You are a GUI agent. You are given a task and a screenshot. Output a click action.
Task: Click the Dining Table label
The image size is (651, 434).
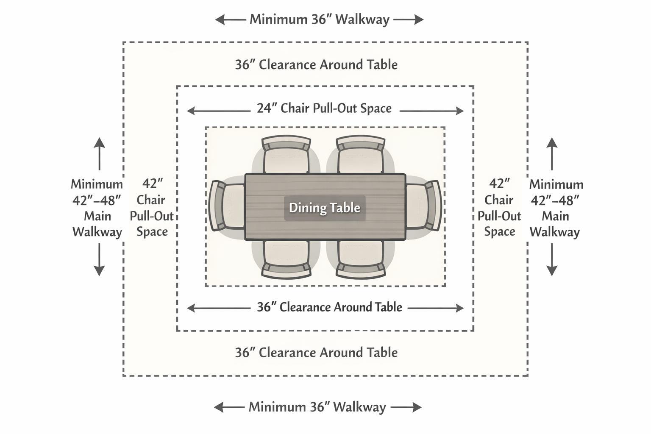325,208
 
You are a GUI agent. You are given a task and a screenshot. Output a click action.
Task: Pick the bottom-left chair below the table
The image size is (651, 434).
285,259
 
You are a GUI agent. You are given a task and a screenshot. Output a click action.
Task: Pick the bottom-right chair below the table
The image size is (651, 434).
361,259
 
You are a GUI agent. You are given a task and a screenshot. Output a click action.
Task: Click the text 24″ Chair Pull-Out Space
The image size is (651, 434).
324,108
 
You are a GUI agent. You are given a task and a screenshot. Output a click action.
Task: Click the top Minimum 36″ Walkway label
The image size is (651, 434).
319,19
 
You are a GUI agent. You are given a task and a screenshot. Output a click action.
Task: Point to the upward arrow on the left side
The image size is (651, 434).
99,153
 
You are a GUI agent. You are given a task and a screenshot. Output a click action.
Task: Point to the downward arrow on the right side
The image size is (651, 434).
551,260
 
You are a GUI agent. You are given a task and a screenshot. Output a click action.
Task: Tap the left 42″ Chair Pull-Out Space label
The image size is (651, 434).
152,208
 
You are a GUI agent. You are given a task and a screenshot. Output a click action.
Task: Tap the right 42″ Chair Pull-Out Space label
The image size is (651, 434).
499,208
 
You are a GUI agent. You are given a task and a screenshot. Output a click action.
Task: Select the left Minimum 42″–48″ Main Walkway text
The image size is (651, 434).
97,208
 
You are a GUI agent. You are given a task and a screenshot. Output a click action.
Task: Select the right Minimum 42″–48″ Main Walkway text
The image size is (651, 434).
556,208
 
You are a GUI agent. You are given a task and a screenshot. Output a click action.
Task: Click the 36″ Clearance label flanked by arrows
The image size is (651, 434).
329,307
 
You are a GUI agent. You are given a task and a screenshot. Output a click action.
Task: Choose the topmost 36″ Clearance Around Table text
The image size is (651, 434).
316,65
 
